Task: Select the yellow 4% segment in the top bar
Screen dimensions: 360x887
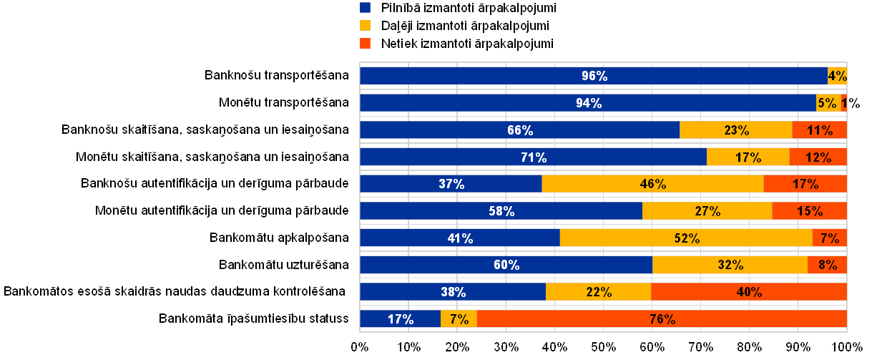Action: (x=837, y=76)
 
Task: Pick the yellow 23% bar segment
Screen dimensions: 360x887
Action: (x=735, y=130)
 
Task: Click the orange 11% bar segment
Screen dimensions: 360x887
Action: (x=819, y=130)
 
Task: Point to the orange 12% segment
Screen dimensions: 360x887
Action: (x=818, y=157)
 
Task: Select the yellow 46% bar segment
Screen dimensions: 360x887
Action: (x=652, y=184)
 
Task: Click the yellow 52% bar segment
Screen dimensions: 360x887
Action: (x=685, y=238)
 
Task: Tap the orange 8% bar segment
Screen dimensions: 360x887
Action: (x=827, y=265)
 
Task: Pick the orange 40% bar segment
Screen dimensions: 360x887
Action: (x=748, y=292)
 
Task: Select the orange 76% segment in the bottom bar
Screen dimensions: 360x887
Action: (x=661, y=319)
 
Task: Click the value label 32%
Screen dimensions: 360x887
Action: (x=730, y=265)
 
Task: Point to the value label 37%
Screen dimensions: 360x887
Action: (x=451, y=184)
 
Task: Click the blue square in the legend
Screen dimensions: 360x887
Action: (x=366, y=8)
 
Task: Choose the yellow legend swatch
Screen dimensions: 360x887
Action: (x=366, y=26)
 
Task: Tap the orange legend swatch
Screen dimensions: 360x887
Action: (x=366, y=44)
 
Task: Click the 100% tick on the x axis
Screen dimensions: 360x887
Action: (x=847, y=348)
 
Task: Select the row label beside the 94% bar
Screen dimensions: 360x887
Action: (x=284, y=102)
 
